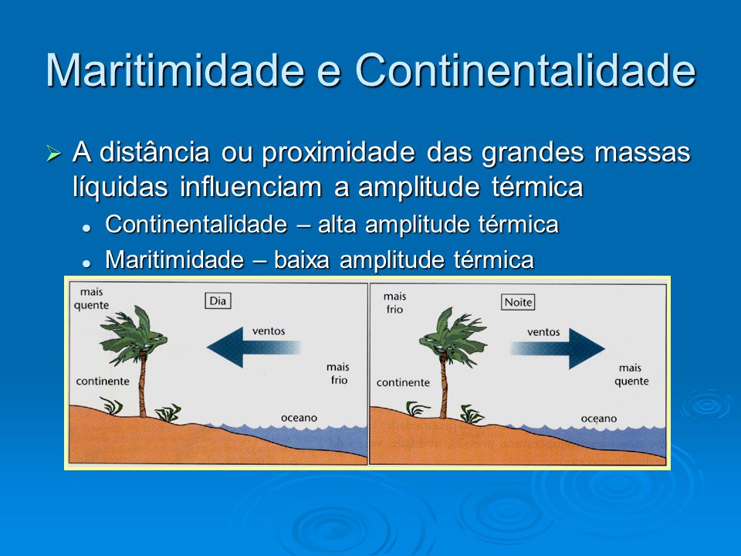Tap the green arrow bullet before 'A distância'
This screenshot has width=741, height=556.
click(x=53, y=154)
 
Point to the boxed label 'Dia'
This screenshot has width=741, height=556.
click(x=218, y=301)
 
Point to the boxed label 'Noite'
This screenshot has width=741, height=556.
click(x=517, y=302)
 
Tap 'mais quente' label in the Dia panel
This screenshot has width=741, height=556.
click(x=91, y=298)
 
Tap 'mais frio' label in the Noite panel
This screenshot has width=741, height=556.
click(x=394, y=302)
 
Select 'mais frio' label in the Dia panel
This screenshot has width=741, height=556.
click(x=337, y=374)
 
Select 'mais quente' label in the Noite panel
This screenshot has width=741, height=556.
click(x=631, y=375)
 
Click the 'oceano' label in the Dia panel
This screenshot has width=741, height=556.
click(x=299, y=417)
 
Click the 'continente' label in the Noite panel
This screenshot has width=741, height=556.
click(x=402, y=382)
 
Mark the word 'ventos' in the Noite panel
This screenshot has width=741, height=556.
click(x=543, y=331)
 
